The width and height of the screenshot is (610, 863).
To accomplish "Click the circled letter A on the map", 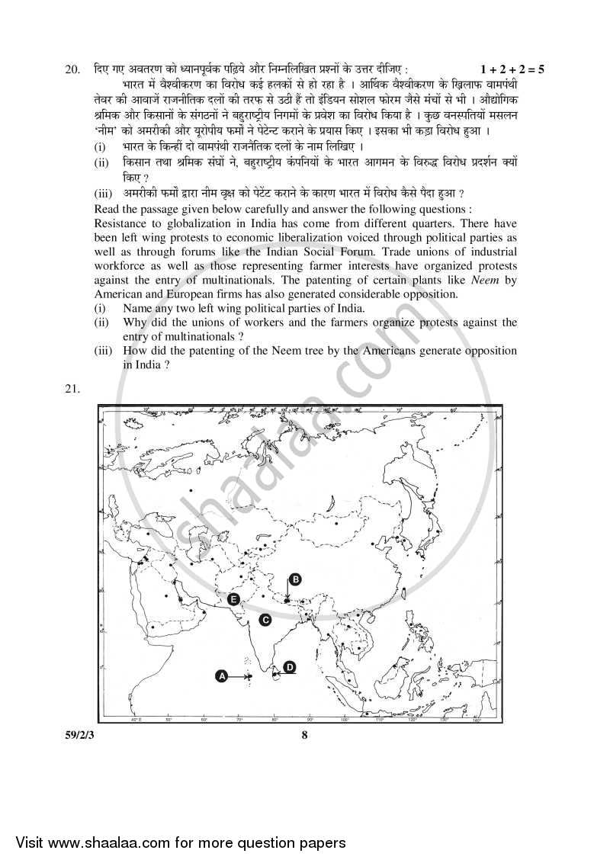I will [x=222, y=675].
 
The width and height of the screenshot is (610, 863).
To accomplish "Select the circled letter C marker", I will [x=265, y=620].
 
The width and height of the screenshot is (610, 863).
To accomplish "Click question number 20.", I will [x=72, y=69].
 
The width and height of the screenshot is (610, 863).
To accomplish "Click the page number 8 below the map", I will [x=303, y=735].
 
